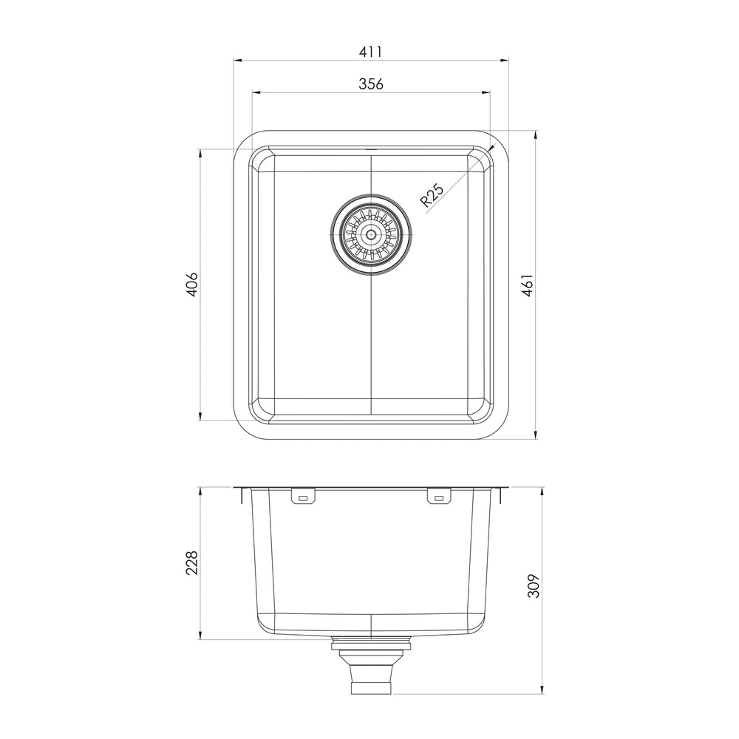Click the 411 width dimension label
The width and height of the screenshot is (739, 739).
click(x=370, y=52)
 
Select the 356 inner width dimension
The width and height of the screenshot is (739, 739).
click(x=371, y=84)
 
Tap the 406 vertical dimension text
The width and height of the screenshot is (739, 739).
click(x=192, y=285)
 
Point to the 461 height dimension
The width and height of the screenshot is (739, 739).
click(x=528, y=285)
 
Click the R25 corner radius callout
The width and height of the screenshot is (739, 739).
click(x=432, y=195)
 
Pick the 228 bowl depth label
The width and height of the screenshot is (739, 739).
click(x=192, y=562)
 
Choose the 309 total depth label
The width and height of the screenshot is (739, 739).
click(x=533, y=586)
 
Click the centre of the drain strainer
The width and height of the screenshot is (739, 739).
click(x=371, y=234)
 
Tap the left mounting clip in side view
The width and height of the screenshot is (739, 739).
click(x=303, y=497)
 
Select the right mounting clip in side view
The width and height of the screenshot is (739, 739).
click(x=439, y=497)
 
